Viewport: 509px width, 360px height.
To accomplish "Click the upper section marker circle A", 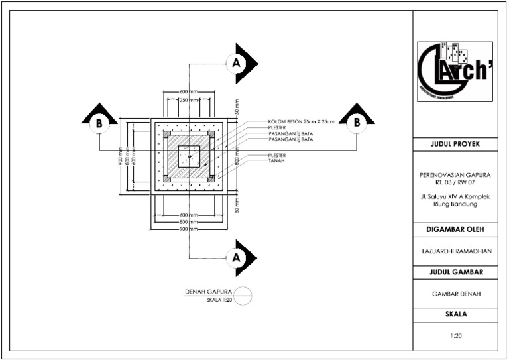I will click(x=235, y=63).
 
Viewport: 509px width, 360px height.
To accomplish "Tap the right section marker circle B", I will click(x=357, y=122).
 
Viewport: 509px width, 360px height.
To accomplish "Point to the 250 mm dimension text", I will click(x=189, y=100).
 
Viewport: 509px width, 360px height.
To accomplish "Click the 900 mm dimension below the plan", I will click(x=189, y=229).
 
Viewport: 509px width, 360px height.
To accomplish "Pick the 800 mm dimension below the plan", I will click(x=189, y=222).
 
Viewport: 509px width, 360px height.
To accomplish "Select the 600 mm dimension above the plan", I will click(x=189, y=91).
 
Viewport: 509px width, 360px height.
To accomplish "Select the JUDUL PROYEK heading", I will click(x=455, y=144).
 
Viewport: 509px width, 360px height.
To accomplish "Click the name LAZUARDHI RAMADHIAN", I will click(x=455, y=251).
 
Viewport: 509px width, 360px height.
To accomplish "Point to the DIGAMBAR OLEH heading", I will click(x=455, y=229).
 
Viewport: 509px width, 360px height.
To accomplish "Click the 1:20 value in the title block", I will click(x=455, y=335).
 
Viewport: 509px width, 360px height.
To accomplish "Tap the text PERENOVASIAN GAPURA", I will click(x=455, y=175).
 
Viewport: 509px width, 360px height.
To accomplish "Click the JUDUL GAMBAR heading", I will click(x=455, y=272).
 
